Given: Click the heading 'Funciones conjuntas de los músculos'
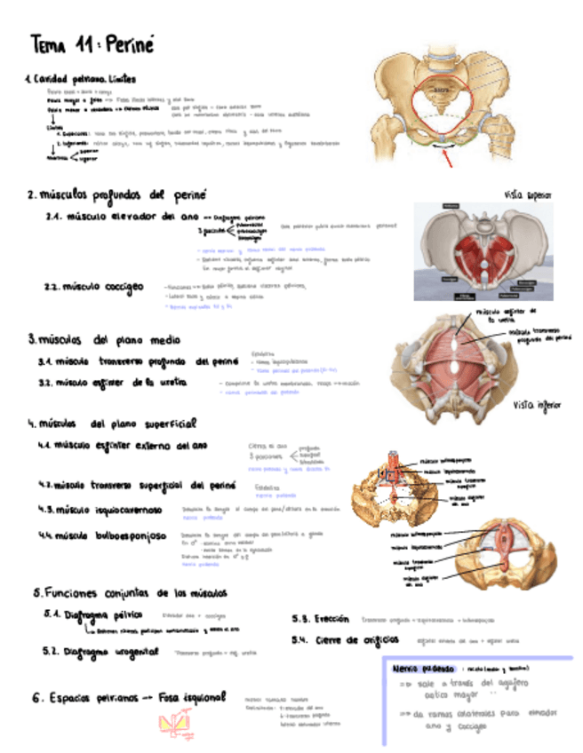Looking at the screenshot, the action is click(134, 592).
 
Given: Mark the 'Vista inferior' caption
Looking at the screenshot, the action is click(537, 405).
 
